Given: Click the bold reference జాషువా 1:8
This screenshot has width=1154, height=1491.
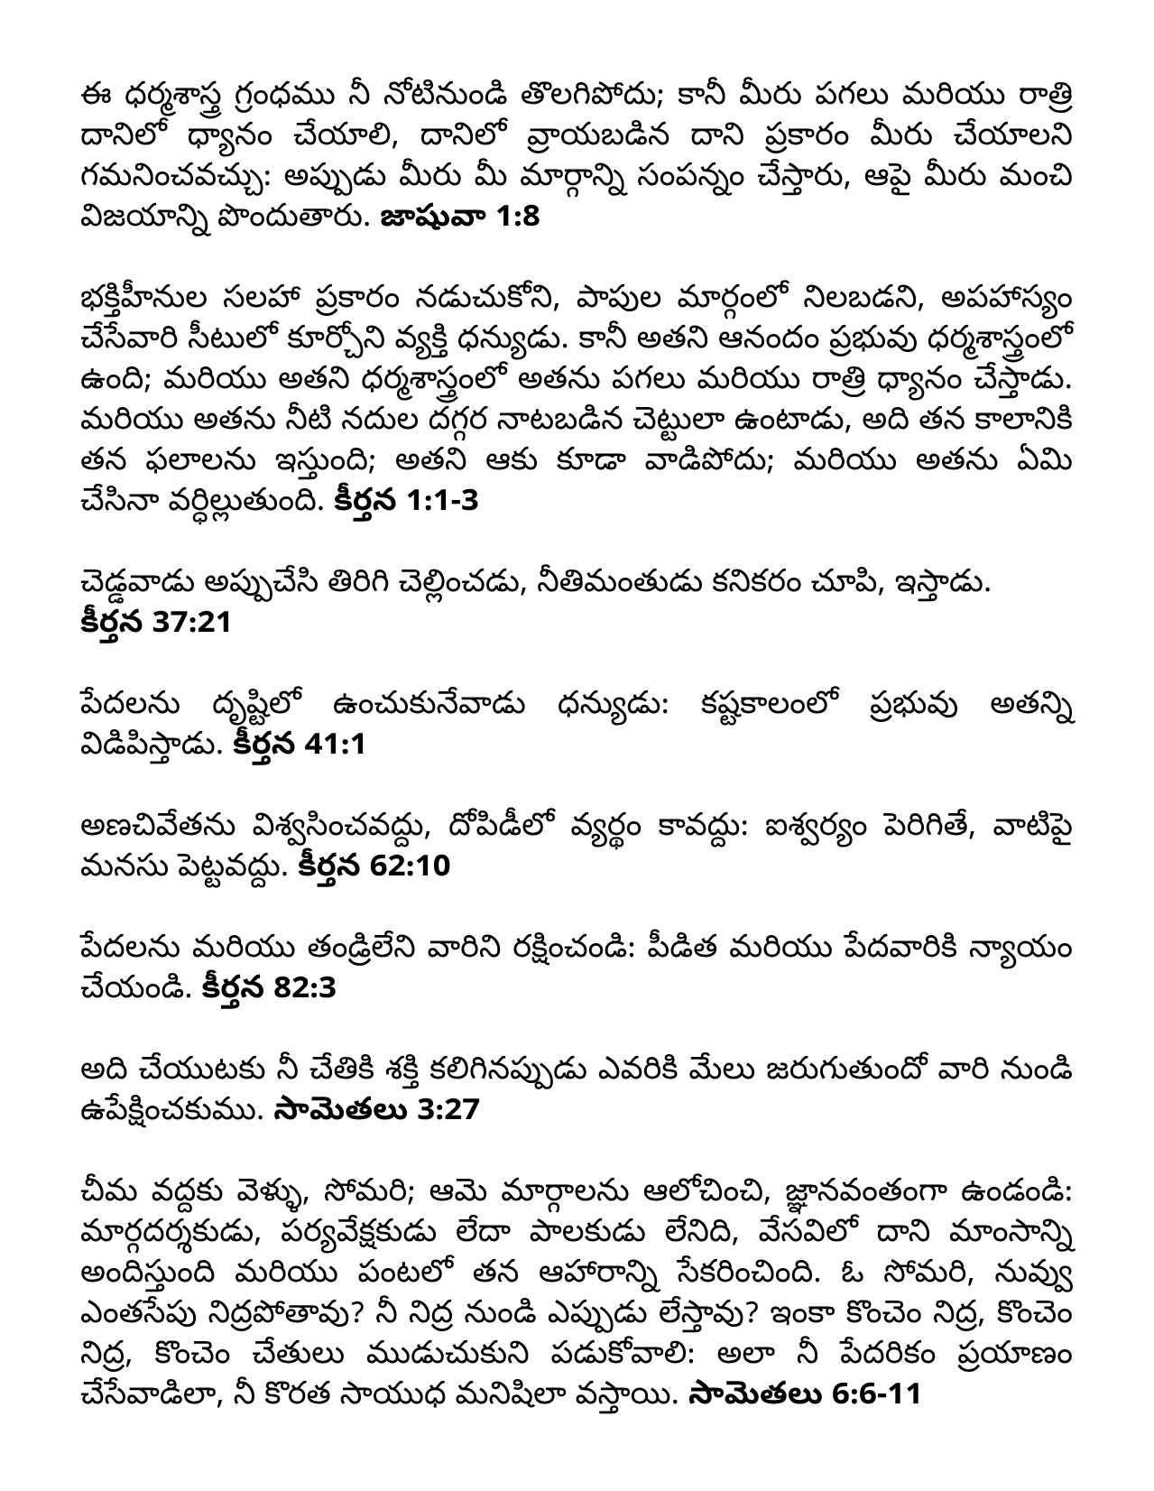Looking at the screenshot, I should pos(461,217).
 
